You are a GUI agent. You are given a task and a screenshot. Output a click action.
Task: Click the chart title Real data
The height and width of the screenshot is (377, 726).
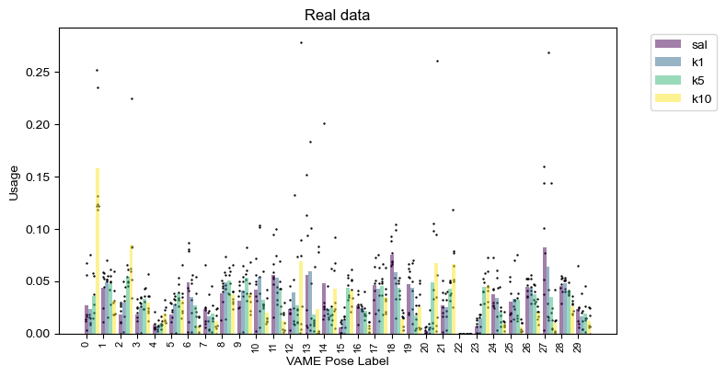coord(337,16)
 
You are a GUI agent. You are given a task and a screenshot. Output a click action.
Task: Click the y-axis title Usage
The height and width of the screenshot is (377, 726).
coord(14,182)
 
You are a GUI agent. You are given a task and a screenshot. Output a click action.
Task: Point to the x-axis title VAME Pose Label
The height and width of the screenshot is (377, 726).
coord(337,362)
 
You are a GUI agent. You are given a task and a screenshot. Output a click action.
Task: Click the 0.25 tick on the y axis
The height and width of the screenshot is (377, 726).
coord(38,73)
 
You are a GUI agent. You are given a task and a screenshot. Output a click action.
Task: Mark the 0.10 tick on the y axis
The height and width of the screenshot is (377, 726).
coord(38,229)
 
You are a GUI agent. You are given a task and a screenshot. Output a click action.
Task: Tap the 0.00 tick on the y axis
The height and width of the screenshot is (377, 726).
coord(38,334)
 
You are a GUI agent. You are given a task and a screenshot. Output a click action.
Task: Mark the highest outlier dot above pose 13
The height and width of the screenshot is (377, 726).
coord(301,42)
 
